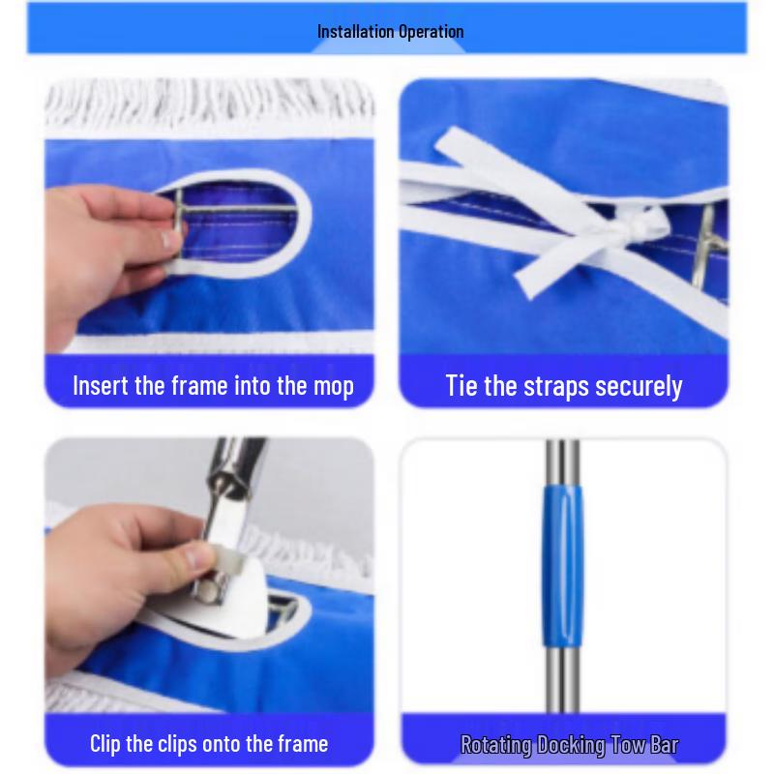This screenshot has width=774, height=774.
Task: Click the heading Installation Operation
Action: [x=390, y=31]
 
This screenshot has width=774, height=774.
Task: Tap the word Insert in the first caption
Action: [x=101, y=386]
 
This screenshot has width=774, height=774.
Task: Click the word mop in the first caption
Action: [x=333, y=386]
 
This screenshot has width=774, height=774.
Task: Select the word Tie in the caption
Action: [x=461, y=386]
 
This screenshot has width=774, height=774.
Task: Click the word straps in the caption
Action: [x=550, y=386]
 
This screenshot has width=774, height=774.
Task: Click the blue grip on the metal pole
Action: [x=561, y=566]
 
